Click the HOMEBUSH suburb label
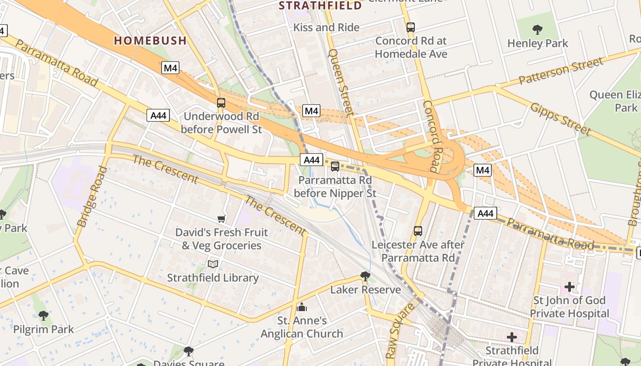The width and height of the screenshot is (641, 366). (x=150, y=40)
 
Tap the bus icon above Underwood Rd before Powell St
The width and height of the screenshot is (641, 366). (x=221, y=103)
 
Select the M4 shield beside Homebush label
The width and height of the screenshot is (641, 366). (x=170, y=68)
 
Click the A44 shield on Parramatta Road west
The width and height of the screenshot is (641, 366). (x=158, y=115)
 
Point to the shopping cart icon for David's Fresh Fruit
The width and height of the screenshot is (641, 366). (x=222, y=219)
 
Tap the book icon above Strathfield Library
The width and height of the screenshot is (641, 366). (x=213, y=264)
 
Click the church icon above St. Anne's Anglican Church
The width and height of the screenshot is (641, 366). (x=302, y=307)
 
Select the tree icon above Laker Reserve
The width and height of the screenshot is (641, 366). (x=365, y=276)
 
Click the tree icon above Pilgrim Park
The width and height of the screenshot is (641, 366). (x=43, y=315)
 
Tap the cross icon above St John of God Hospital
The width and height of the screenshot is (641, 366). (x=569, y=287)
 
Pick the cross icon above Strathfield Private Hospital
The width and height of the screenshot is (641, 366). (x=511, y=338)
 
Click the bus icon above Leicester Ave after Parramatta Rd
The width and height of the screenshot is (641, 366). (x=418, y=231)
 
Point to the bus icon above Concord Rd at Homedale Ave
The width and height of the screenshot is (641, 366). (x=411, y=27)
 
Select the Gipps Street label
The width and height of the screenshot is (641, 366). (x=560, y=119)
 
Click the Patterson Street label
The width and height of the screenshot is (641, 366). (x=560, y=71)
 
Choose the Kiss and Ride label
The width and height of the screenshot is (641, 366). (x=326, y=27)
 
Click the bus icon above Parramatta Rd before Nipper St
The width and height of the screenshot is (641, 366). (x=335, y=167)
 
